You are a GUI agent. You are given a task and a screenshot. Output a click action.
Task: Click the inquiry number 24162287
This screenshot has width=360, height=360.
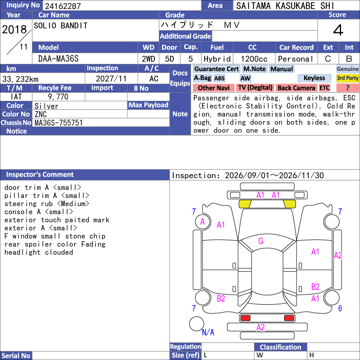click(63, 6)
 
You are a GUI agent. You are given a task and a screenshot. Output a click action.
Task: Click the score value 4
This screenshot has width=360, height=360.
click(338, 30)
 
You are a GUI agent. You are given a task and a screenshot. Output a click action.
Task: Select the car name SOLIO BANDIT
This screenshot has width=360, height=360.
click(61, 26)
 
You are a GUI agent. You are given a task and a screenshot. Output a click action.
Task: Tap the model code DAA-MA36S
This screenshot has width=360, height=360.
click(58, 59)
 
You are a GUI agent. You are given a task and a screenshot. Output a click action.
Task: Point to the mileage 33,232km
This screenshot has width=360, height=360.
click(20, 79)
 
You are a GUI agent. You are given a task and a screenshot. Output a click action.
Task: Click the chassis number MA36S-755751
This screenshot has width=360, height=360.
click(58, 122)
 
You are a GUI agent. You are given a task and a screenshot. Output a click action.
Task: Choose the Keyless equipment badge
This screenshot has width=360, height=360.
click(314, 78)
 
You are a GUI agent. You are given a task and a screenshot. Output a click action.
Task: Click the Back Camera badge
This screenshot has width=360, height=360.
click(296, 88)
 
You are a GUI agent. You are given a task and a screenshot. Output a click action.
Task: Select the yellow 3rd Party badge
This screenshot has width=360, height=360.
click(347, 78)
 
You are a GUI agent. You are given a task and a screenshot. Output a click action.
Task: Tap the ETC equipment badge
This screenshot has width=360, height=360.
click(324, 88)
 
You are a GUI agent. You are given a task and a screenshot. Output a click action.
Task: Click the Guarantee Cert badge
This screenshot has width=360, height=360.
click(216, 69)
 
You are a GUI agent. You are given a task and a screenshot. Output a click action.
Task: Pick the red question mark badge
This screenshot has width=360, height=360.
click(347, 88)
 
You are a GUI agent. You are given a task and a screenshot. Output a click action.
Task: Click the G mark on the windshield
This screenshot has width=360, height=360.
click(261, 241)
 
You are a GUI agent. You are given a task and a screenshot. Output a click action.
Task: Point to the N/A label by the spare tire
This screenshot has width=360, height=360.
click(208, 332)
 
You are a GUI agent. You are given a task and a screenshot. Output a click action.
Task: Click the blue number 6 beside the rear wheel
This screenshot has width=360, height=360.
click(340, 308)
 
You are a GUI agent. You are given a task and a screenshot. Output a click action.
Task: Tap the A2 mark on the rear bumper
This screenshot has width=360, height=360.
click(261, 328)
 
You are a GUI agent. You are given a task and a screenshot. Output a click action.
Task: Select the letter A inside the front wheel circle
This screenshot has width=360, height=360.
click(202, 222)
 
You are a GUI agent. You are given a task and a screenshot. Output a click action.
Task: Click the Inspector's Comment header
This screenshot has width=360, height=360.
click(40, 175)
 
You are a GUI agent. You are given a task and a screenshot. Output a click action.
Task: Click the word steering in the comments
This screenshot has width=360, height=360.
click(20, 204)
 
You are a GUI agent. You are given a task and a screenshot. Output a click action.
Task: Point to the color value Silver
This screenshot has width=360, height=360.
click(46, 106)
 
